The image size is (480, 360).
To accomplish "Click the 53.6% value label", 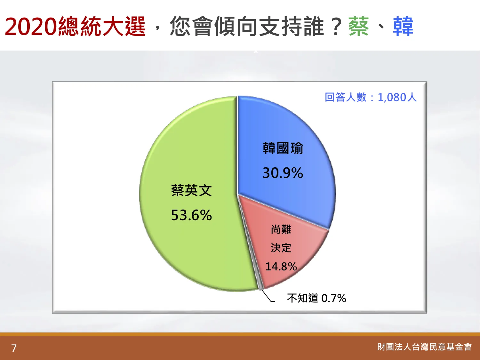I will pos(191,215).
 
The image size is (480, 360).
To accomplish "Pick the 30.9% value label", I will pos(283,173).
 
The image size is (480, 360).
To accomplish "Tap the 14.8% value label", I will pos(281,267).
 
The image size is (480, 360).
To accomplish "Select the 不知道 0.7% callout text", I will pos(316,298).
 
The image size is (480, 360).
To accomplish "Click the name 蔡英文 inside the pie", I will pos(191,191).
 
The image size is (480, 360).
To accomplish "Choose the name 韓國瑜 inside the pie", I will pos(283,148).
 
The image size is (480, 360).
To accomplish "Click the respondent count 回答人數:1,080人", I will pos(371,97).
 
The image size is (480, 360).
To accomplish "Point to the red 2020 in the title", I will pos(31,27).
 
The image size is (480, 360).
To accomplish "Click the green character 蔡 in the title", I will pos(359,27).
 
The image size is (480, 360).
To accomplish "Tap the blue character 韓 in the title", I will pos(403,27).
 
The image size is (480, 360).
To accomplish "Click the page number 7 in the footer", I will pos(14,348).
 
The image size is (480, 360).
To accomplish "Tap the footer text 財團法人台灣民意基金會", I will pos(424,347).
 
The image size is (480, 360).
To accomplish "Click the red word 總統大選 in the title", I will pos(102,27).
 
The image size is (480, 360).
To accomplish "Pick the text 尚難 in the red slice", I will pos(281,229).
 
